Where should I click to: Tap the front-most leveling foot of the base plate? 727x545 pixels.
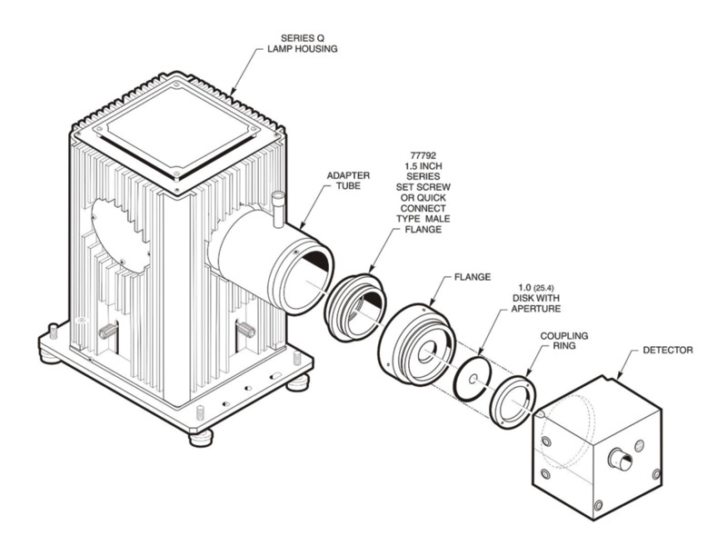point(201,437)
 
